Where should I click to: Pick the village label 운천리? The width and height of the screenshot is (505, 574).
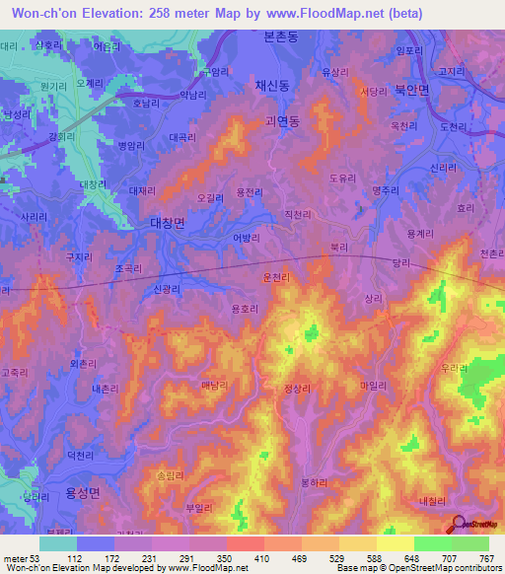(276, 279)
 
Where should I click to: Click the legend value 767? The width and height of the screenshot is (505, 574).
(485, 558)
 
